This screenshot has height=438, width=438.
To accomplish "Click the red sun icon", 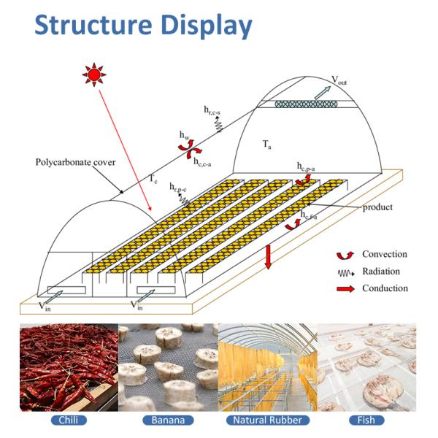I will [93, 74].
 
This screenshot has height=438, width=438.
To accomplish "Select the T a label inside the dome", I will [267, 144].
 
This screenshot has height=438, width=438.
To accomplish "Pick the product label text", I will [377, 207].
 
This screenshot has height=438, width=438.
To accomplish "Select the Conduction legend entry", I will [385, 288].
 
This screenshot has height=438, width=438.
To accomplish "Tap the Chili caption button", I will [69, 420].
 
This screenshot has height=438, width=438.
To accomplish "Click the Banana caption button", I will [168, 420].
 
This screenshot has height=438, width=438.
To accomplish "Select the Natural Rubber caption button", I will [267, 420].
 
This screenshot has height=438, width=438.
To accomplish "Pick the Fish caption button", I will [366, 420].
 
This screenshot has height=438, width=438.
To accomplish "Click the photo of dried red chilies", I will [69, 367].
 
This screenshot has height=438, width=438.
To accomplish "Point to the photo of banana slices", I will [168, 367].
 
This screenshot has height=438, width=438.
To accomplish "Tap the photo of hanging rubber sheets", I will [267, 367].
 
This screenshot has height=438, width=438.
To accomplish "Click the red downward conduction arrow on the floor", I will [269, 256].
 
